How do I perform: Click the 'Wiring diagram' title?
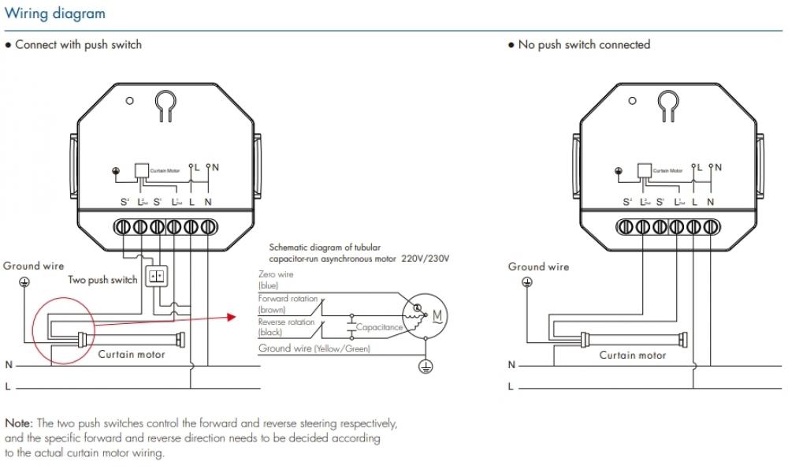(55, 14)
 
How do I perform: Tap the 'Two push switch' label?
(102, 280)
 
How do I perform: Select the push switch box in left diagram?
(158, 276)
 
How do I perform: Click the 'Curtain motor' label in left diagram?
(132, 355)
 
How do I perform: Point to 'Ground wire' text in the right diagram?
(538, 266)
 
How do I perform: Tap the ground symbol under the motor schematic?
(425, 365)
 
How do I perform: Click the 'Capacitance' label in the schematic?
(379, 326)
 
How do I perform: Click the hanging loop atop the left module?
(165, 105)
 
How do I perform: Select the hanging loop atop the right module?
(670, 105)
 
